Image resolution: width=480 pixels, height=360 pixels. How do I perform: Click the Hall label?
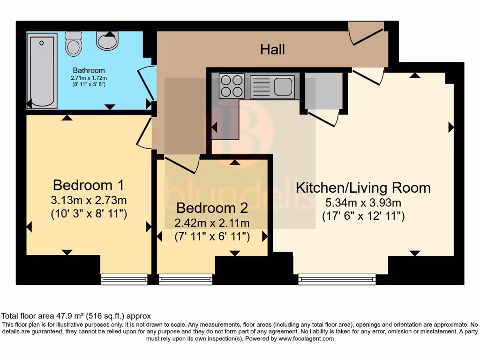coord(272,49)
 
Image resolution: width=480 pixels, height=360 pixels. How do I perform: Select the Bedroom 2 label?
coord(211,208)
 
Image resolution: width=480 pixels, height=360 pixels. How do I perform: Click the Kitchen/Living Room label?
coord(363,188)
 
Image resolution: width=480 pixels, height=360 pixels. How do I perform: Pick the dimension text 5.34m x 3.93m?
coord(363,203)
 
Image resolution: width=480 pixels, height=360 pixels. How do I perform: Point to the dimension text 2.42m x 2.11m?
coord(211,223)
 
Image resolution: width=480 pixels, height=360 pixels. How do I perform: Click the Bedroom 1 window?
coord(124,279)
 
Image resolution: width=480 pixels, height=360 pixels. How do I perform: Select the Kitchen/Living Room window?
coord(337,279)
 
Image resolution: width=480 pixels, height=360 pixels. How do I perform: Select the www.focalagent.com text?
coord(306,338)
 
